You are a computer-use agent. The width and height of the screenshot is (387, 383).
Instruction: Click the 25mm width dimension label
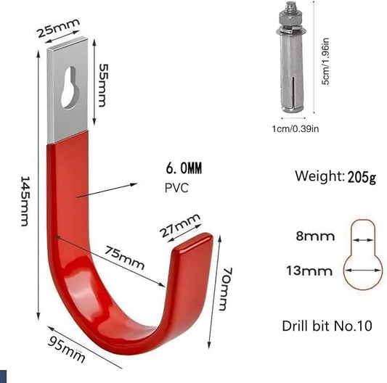[x=59, y=28]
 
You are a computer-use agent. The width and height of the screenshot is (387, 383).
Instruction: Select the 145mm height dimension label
[x=25, y=201]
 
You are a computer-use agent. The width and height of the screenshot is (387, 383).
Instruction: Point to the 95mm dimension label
[x=66, y=350]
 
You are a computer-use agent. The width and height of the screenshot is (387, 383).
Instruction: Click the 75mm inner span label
[x=124, y=258]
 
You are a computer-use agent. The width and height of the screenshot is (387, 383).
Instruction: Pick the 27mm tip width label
[x=179, y=225]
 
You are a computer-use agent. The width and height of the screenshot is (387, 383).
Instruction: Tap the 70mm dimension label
[x=226, y=289]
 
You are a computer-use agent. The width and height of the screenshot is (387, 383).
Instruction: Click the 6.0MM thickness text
[x=184, y=168]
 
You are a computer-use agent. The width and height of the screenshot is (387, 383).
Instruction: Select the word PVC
[x=176, y=188]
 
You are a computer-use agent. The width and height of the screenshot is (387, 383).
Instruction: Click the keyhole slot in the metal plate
[x=70, y=87]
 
